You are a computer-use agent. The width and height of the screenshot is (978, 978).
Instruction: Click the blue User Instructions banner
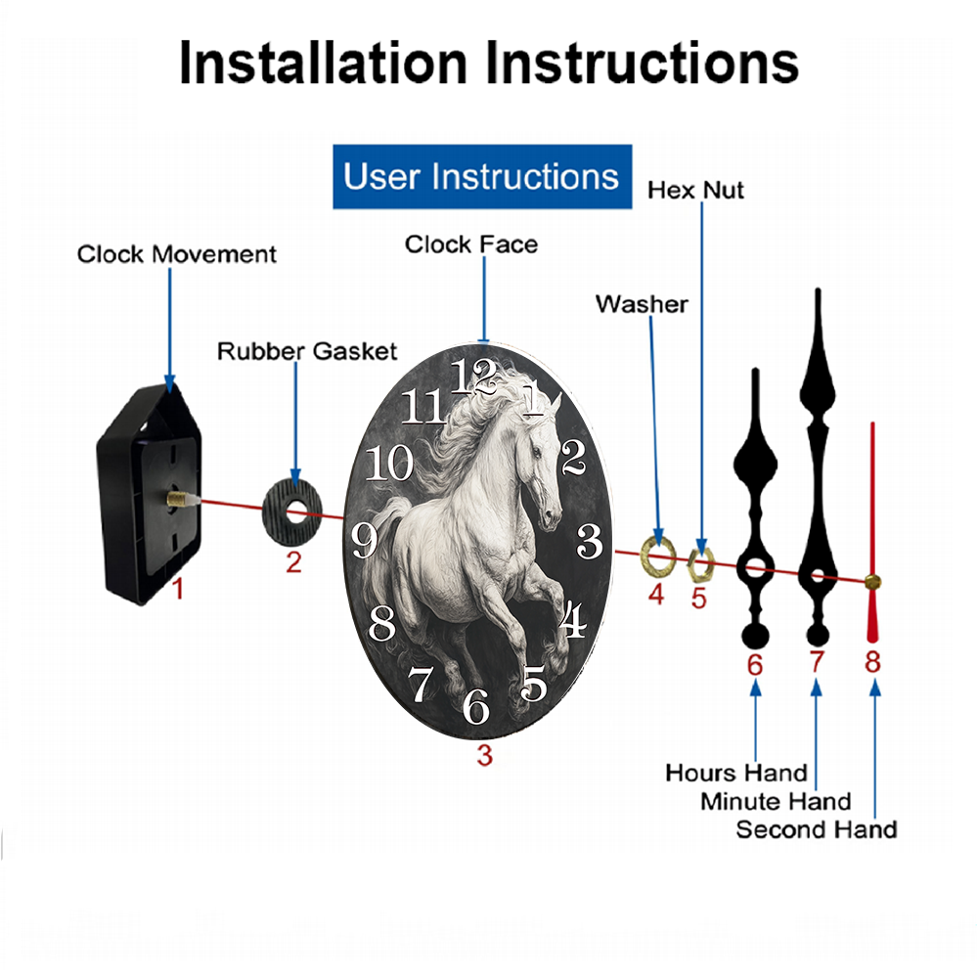pyautogui.click(x=482, y=176)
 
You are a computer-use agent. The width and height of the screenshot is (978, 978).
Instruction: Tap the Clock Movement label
pyautogui.click(x=176, y=254)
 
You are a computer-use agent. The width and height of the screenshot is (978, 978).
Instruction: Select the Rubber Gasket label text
pyautogui.click(x=307, y=351)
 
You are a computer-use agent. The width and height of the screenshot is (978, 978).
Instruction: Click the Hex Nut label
pyautogui.click(x=695, y=191)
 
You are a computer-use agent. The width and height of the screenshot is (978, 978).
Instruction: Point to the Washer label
pyautogui.click(x=642, y=304)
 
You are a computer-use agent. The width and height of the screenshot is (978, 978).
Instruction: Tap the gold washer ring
pyautogui.click(x=658, y=555)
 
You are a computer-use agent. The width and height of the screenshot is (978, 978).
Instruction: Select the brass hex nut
pyautogui.click(x=700, y=565)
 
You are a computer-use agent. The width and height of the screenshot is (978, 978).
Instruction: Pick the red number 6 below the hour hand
pyautogui.click(x=755, y=665)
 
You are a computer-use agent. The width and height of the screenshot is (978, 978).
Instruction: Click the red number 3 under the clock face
pyautogui.click(x=485, y=755)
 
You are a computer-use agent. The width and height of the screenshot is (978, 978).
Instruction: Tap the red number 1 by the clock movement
pyautogui.click(x=178, y=588)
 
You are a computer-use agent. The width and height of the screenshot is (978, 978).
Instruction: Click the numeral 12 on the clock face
pyautogui.click(x=473, y=377)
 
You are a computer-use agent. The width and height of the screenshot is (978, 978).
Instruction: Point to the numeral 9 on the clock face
pyautogui.click(x=364, y=540)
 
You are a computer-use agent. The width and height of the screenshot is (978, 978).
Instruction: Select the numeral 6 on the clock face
pyautogui.click(x=476, y=706)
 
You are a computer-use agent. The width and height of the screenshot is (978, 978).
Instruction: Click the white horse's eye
pyautogui.click(x=536, y=450)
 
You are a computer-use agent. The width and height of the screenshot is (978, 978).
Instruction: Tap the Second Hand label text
pyautogui.click(x=817, y=829)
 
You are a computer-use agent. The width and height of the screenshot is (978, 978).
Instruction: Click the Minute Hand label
pyautogui.click(x=776, y=802)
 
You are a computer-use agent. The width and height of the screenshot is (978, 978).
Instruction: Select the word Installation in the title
pyautogui.click(x=323, y=63)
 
